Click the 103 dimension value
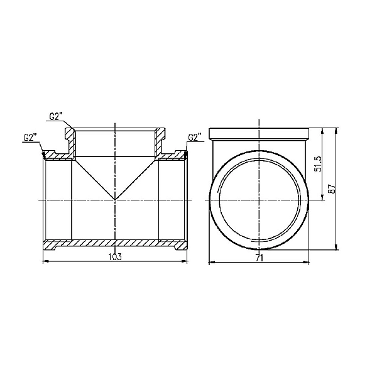click(x=114, y=256)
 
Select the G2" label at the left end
click(x=30, y=137)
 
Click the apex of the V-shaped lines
click(x=114, y=200)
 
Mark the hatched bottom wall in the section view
click(x=114, y=243)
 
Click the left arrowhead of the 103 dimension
click(x=44, y=260)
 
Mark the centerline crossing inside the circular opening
click(x=258, y=200)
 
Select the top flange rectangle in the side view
click(x=258, y=134)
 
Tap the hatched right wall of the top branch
click(x=158, y=143)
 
